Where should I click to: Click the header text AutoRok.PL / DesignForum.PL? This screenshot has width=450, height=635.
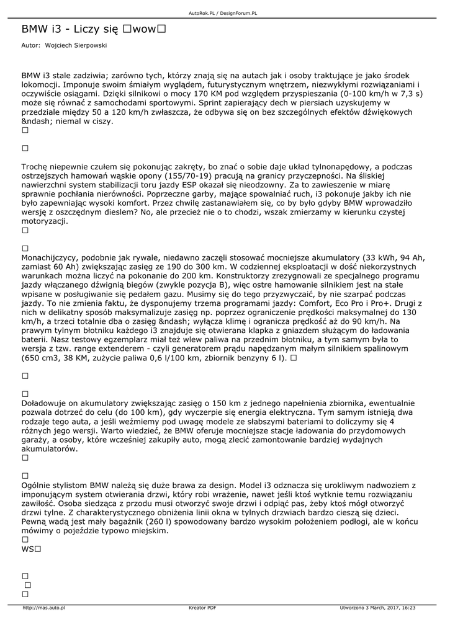tap(223, 12)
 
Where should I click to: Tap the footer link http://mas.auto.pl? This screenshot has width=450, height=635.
tap(44, 608)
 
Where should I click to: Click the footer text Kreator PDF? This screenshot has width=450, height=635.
tap(202, 608)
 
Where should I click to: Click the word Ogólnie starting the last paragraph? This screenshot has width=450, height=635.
tap(37, 485)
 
